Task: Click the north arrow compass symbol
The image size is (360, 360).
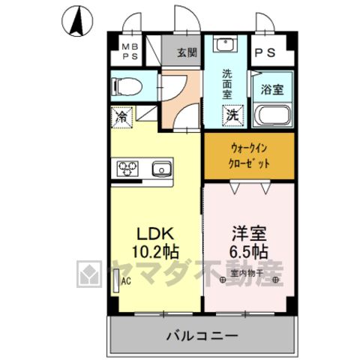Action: (77, 21)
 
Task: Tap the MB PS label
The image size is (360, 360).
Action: (130, 52)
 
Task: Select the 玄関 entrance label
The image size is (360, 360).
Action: (187, 52)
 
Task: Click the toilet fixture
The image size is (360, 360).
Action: (127, 87)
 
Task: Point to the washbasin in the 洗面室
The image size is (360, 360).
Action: (225, 45)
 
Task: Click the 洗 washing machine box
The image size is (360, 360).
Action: (232, 115)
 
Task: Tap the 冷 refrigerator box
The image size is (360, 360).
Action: (122, 117)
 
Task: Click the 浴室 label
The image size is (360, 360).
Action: (272, 89)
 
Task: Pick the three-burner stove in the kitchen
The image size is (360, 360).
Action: (127, 168)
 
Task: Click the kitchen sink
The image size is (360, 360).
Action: (162, 169)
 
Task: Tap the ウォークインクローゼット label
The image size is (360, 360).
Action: (249, 156)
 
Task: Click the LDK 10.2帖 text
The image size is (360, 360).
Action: (155, 242)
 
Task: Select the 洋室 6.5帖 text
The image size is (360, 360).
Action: (249, 242)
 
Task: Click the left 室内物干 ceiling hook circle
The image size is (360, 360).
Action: (223, 280)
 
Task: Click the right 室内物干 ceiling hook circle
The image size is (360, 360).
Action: (276, 280)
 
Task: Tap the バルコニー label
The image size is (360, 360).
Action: (202, 337)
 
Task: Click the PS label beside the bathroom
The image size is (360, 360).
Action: (265, 52)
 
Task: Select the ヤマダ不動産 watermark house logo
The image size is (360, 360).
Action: (89, 274)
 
